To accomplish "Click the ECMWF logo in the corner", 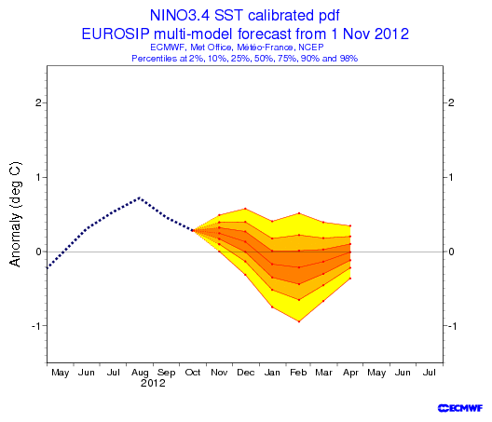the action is pyautogui.click(x=460, y=408).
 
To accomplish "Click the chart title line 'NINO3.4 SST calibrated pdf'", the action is pyautogui.click(x=245, y=15).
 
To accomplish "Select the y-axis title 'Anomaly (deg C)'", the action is pyautogui.click(x=15, y=214).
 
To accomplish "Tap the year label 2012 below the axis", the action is pyautogui.click(x=153, y=383).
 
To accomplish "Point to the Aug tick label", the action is pyautogui.click(x=140, y=373).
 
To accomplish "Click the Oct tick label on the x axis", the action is pyautogui.click(x=193, y=373).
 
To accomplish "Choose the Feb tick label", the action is pyautogui.click(x=298, y=373).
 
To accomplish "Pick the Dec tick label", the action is pyautogui.click(x=246, y=373).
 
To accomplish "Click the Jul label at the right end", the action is pyautogui.click(x=430, y=373).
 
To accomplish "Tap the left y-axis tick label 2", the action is pyautogui.click(x=38, y=102).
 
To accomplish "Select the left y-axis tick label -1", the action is pyautogui.click(x=36, y=326).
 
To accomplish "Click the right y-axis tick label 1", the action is pyautogui.click(x=451, y=177).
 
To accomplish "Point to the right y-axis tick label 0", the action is pyautogui.click(x=451, y=252).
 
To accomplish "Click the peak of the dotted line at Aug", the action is pyautogui.click(x=140, y=197).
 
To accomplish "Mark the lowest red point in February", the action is pyautogui.click(x=299, y=321).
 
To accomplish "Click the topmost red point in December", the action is pyautogui.click(x=245, y=209).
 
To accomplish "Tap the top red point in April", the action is pyautogui.click(x=350, y=225).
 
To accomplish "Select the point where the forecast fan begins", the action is pyautogui.click(x=193, y=231).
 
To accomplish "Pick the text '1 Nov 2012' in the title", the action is pyautogui.click(x=376, y=34).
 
